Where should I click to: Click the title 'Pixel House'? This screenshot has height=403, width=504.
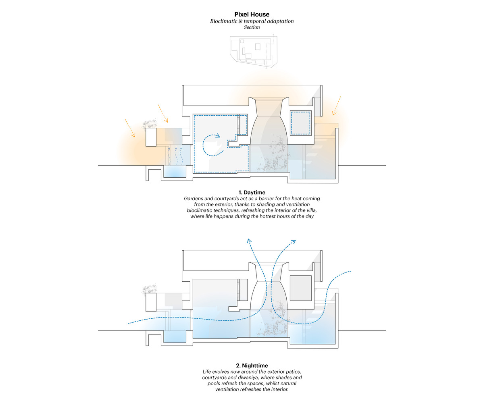tap(252, 14)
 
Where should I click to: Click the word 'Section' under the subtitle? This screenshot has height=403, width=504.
tap(252, 27)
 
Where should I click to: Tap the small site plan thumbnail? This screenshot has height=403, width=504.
tap(252, 50)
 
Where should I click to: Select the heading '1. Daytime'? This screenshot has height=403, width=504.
tap(252, 192)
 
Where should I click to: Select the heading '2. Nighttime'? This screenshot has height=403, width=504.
tap(252, 366)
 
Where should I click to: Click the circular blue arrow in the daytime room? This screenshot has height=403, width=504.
tap(211, 145)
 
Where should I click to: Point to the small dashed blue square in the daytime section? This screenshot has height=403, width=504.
tap(300, 123)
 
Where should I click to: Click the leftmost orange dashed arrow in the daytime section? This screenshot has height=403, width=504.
tap(130, 128)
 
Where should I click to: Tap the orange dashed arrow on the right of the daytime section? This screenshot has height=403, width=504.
tap(336, 106)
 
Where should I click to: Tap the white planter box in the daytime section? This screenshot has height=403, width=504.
tap(151, 137)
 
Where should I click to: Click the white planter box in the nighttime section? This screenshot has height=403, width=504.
tap(151, 302)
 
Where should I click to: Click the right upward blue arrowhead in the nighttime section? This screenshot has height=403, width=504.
tap(294, 242)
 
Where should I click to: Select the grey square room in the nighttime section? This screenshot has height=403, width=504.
tap(300, 288)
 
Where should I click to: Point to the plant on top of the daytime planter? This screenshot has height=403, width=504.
tap(150, 124)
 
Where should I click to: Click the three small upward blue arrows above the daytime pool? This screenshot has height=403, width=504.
tap(175, 155)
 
